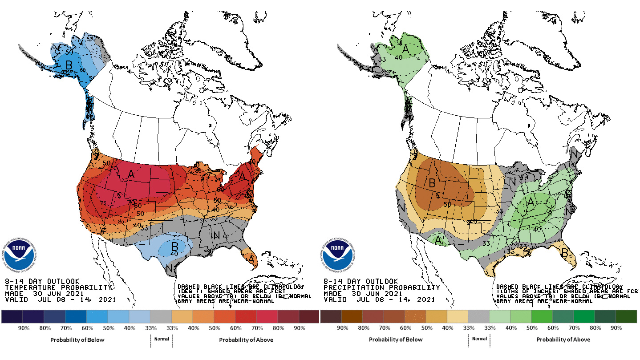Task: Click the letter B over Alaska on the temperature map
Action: click(x=69, y=65)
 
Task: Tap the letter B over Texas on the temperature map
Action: click(x=175, y=246)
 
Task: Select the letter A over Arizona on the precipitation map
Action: click(x=439, y=240)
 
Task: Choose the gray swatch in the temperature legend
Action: click(x=161, y=316)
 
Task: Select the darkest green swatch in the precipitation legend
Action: click(x=626, y=316)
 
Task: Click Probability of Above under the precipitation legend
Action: click(x=563, y=340)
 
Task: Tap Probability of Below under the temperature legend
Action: click(x=77, y=340)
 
